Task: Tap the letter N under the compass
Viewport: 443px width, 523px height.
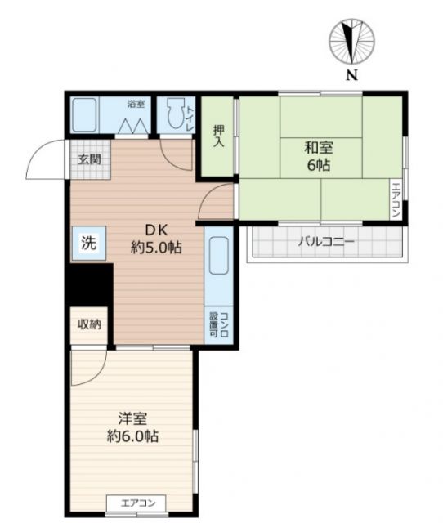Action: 351,77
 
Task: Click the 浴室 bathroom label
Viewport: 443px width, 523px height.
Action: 136,105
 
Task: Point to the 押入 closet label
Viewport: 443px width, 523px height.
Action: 218,136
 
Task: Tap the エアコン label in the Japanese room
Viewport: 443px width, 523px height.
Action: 396,199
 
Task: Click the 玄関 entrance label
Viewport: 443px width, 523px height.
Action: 89,159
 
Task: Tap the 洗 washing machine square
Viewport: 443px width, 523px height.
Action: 87,243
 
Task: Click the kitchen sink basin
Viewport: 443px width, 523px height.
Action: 218,258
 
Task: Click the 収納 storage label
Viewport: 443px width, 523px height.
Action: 89,324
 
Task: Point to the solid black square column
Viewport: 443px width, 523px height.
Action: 89,284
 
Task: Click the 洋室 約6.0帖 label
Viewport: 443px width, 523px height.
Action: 132,427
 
